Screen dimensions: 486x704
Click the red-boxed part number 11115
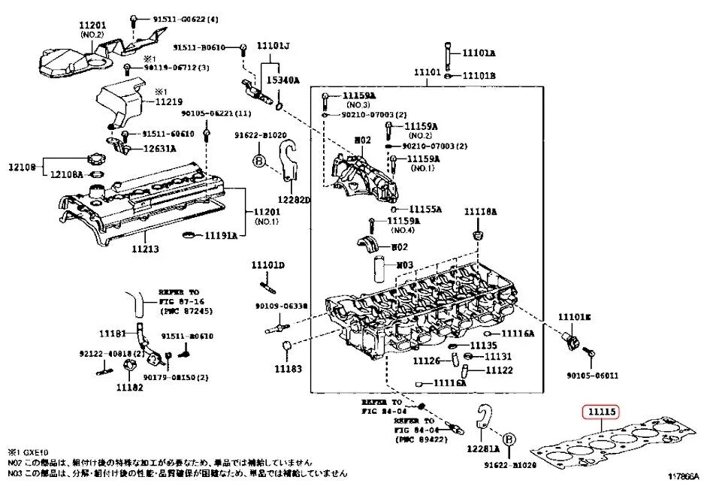tap(601, 412)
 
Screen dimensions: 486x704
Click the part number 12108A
tap(67, 174)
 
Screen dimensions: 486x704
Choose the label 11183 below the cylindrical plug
tap(287, 369)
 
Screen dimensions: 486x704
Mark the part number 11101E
tap(573, 318)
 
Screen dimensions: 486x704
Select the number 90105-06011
tap(594, 375)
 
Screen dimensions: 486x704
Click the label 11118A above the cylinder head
tap(479, 213)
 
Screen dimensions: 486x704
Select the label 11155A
tap(426, 209)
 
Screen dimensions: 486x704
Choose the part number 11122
tap(499, 370)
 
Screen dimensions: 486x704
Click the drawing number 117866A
tap(681, 475)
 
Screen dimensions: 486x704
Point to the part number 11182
tap(128, 388)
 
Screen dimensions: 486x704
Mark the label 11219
tap(170, 101)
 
